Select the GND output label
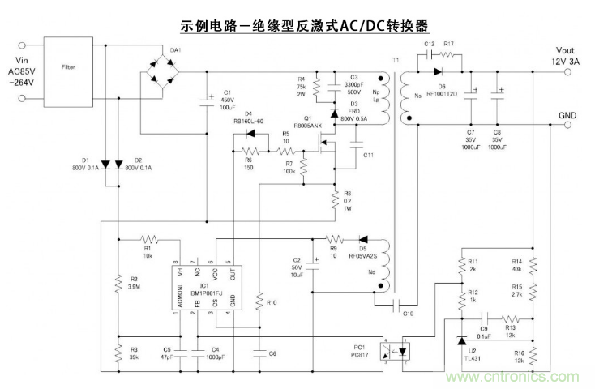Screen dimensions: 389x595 click(x=568, y=116)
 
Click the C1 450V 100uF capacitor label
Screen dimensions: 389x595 click(x=228, y=100)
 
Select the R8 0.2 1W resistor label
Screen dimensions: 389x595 click(x=348, y=200)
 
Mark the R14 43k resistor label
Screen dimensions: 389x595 click(x=516, y=265)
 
